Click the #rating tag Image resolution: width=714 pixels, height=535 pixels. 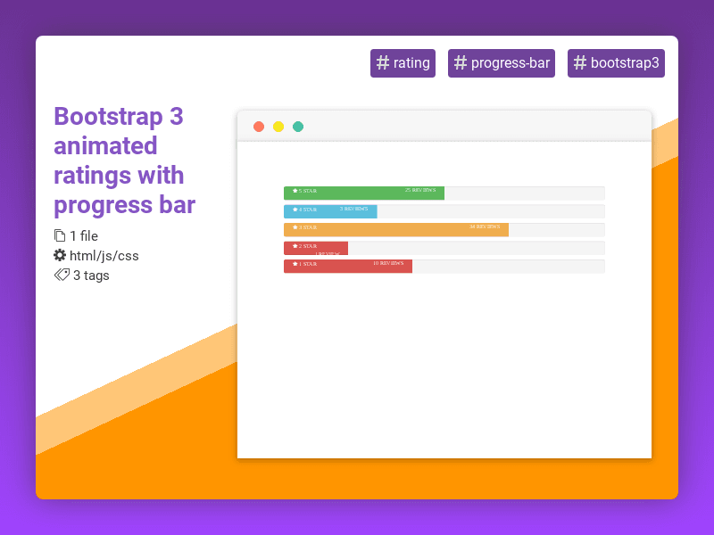[403, 63]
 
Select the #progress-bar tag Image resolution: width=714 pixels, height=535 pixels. [502, 63]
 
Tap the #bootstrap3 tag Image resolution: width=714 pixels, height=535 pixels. [616, 63]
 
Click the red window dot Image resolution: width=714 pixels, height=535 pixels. [259, 127]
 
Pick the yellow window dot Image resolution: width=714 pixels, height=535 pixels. [278, 127]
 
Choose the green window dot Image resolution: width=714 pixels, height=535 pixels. [298, 127]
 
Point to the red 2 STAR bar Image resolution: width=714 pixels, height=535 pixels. [316, 248]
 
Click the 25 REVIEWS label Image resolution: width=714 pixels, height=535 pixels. [420, 190]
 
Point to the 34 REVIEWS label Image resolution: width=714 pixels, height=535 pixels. [485, 226]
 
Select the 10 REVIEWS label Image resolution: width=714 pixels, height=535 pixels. [388, 263]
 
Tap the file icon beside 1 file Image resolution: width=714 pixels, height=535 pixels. [60, 236]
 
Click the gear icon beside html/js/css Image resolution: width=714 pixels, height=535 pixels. [60, 256]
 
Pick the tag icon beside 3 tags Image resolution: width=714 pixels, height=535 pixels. [62, 276]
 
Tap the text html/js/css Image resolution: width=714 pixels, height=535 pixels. [104, 256]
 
